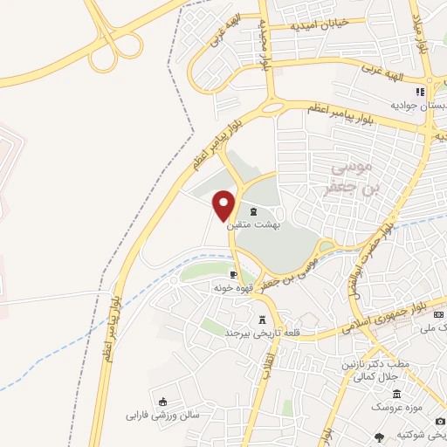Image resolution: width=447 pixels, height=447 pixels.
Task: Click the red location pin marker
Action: [x=224, y=204]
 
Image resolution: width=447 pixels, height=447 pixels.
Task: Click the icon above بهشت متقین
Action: [x=253, y=211]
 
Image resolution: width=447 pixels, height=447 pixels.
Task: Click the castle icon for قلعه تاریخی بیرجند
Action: [x=262, y=320]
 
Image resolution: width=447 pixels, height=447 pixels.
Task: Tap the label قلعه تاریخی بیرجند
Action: [x=262, y=334]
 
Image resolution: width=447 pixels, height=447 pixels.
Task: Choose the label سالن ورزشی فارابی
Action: [x=162, y=415]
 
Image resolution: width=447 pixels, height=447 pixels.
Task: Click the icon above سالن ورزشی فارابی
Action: [x=162, y=402]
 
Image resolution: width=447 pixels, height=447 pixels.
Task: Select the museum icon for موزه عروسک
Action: [x=396, y=394]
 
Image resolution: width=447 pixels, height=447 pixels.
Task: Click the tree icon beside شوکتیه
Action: [x=379, y=437]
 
